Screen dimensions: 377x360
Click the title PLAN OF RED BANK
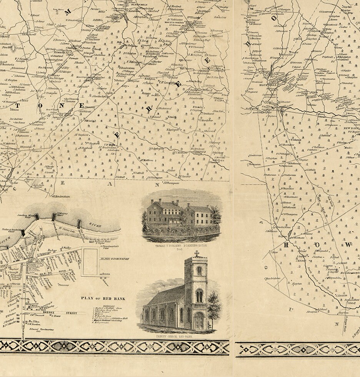coord(103,299)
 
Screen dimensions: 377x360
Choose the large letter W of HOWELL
coord(347,245)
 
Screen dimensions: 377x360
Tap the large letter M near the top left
coord(68,12)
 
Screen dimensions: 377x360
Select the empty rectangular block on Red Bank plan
coord(90,262)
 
